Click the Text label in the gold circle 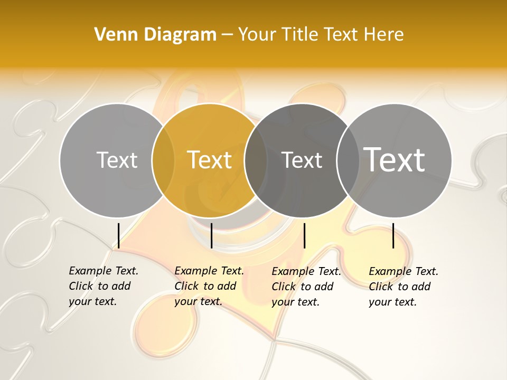click(x=210, y=160)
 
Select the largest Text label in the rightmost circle click(x=395, y=159)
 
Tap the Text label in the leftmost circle click(x=117, y=160)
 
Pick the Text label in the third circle click(x=302, y=160)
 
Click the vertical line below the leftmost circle click(x=118, y=235)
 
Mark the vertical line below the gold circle click(x=211, y=235)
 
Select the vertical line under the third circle click(x=304, y=235)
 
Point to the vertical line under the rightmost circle click(x=393, y=235)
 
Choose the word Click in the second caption click(x=186, y=286)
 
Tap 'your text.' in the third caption click(x=295, y=302)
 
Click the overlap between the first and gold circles click(x=163, y=160)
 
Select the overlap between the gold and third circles click(x=256, y=160)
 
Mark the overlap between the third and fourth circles click(x=348, y=160)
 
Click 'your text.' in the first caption click(x=92, y=302)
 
